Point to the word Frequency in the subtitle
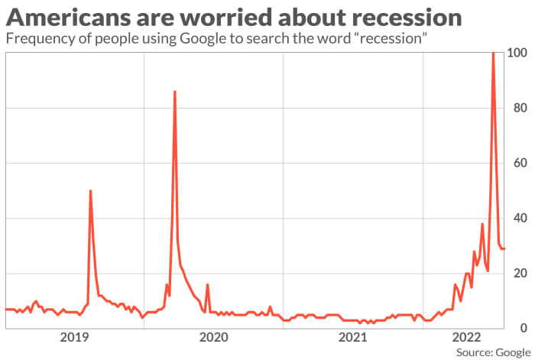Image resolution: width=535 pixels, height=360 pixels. click(x=36, y=37)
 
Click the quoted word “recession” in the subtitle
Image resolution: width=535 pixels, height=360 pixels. click(x=394, y=37)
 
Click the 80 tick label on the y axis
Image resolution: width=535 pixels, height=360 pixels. click(x=520, y=108)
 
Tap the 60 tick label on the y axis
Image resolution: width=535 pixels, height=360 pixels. click(x=520, y=163)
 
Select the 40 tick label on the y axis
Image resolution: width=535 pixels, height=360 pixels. click(x=520, y=218)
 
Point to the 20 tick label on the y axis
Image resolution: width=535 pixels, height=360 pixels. click(x=520, y=273)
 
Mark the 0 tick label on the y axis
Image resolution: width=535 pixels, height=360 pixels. click(x=523, y=328)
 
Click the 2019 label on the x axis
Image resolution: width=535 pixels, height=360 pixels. click(x=74, y=337)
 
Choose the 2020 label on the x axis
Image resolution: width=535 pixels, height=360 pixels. click(x=213, y=337)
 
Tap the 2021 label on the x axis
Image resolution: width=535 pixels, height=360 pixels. click(x=352, y=337)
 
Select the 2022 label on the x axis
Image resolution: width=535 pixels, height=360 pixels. click(x=467, y=337)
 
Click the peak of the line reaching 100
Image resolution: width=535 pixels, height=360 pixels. click(x=493, y=54)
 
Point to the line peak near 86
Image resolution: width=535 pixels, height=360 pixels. click(x=175, y=92)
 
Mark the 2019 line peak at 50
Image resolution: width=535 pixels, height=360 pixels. click(x=90, y=191)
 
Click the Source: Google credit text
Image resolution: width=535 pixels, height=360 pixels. click(x=494, y=352)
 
